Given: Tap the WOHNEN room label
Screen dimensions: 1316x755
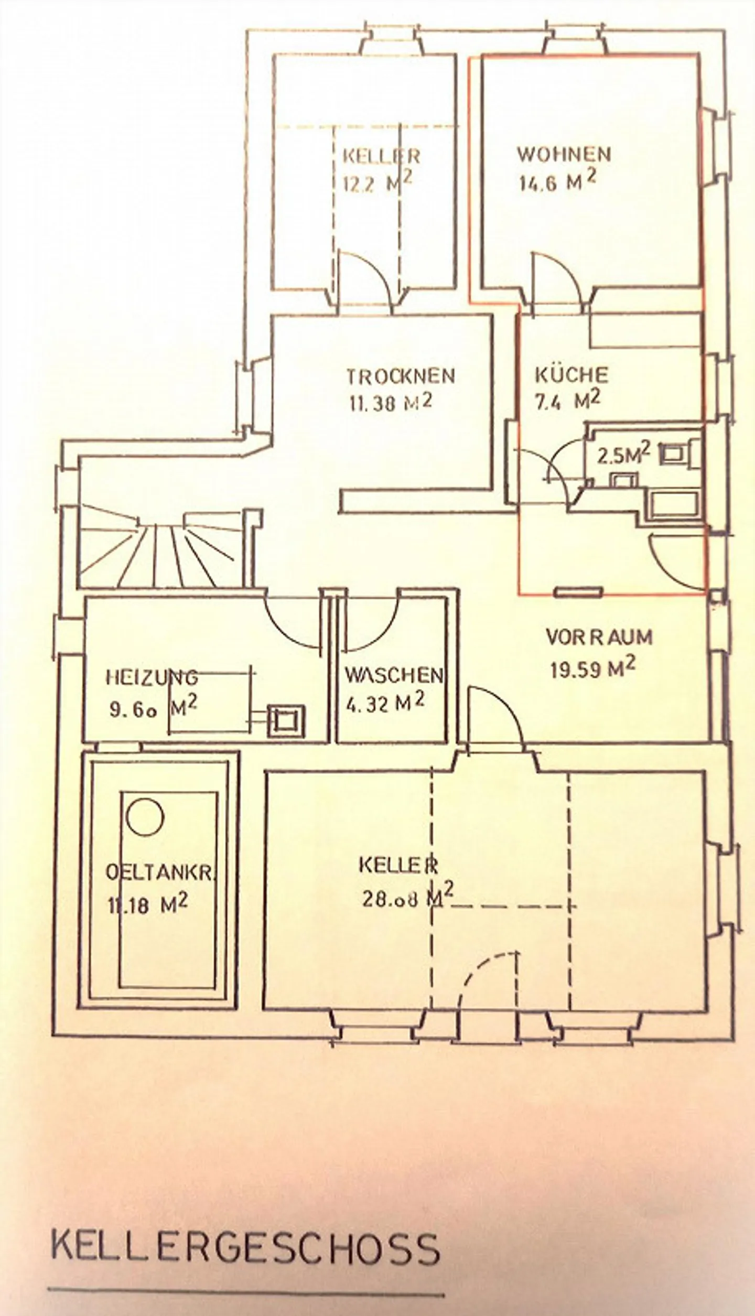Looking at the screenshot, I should pos(564,154).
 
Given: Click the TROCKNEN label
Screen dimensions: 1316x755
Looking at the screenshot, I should pos(401,376).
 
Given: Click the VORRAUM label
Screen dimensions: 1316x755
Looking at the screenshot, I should pos(599,637).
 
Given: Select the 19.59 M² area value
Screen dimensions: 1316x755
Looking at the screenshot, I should pos(592,669).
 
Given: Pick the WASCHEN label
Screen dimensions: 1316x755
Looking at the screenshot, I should pos(394,675).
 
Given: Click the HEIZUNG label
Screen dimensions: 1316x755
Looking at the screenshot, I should pos(152,677).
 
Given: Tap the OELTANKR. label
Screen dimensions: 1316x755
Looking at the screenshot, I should pos(160,872).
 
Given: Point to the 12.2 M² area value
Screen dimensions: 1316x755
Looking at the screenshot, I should pos(377,183).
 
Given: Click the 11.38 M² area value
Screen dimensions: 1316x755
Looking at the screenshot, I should pos(391,404).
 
